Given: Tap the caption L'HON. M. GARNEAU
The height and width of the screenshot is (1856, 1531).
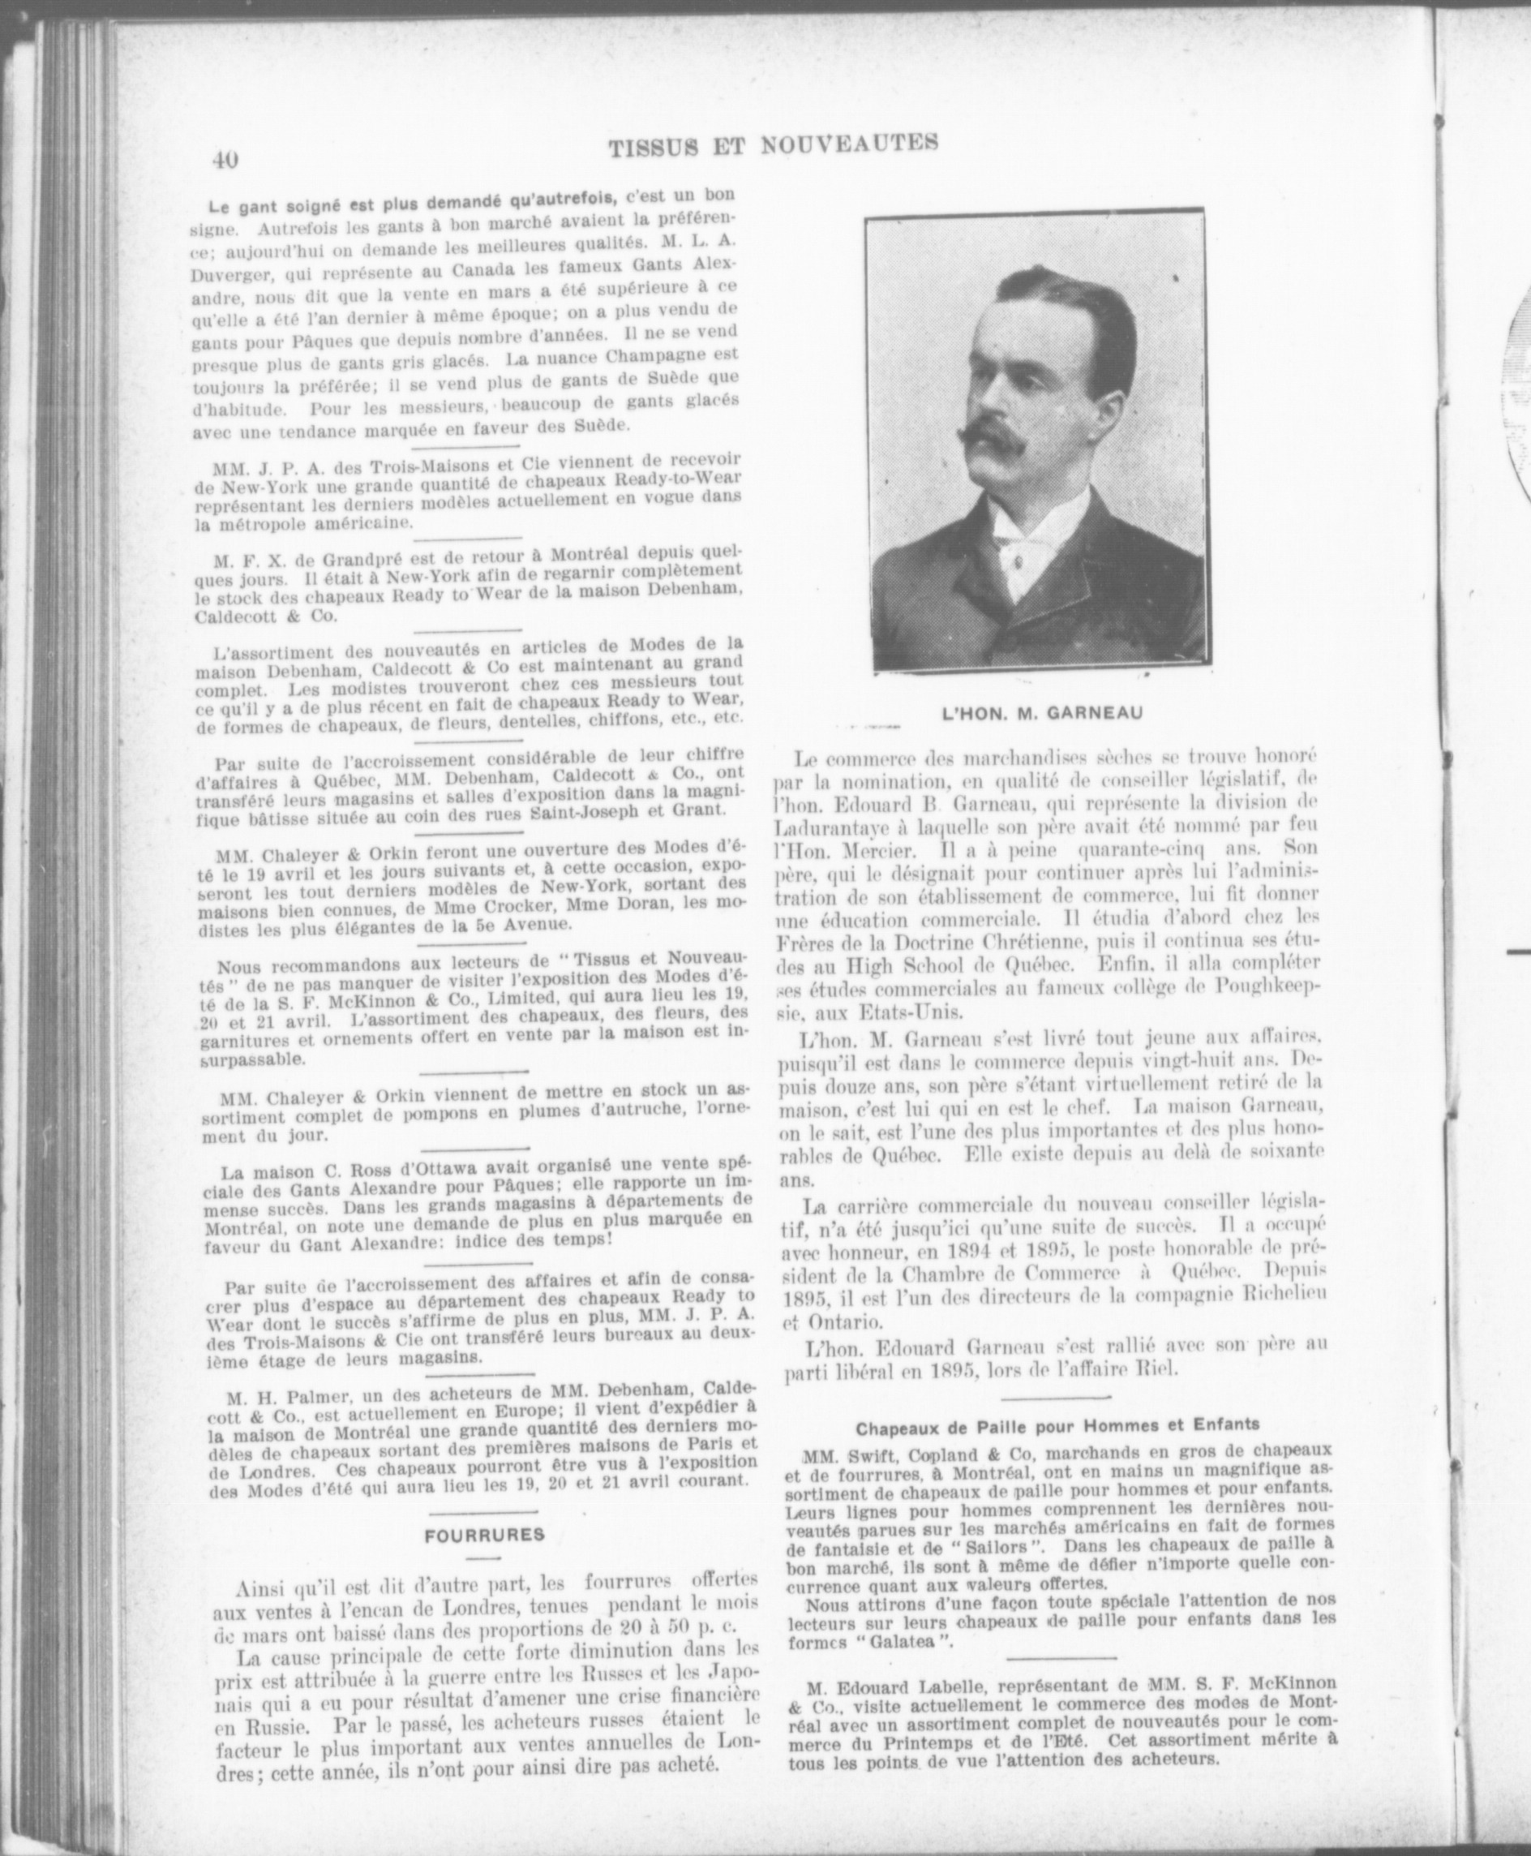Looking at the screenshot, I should [x=1041, y=715].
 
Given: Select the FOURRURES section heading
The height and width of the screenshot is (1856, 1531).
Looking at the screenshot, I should [x=484, y=1534].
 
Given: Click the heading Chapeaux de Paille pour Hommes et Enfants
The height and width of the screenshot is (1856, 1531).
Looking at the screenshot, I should [x=1057, y=1424].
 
